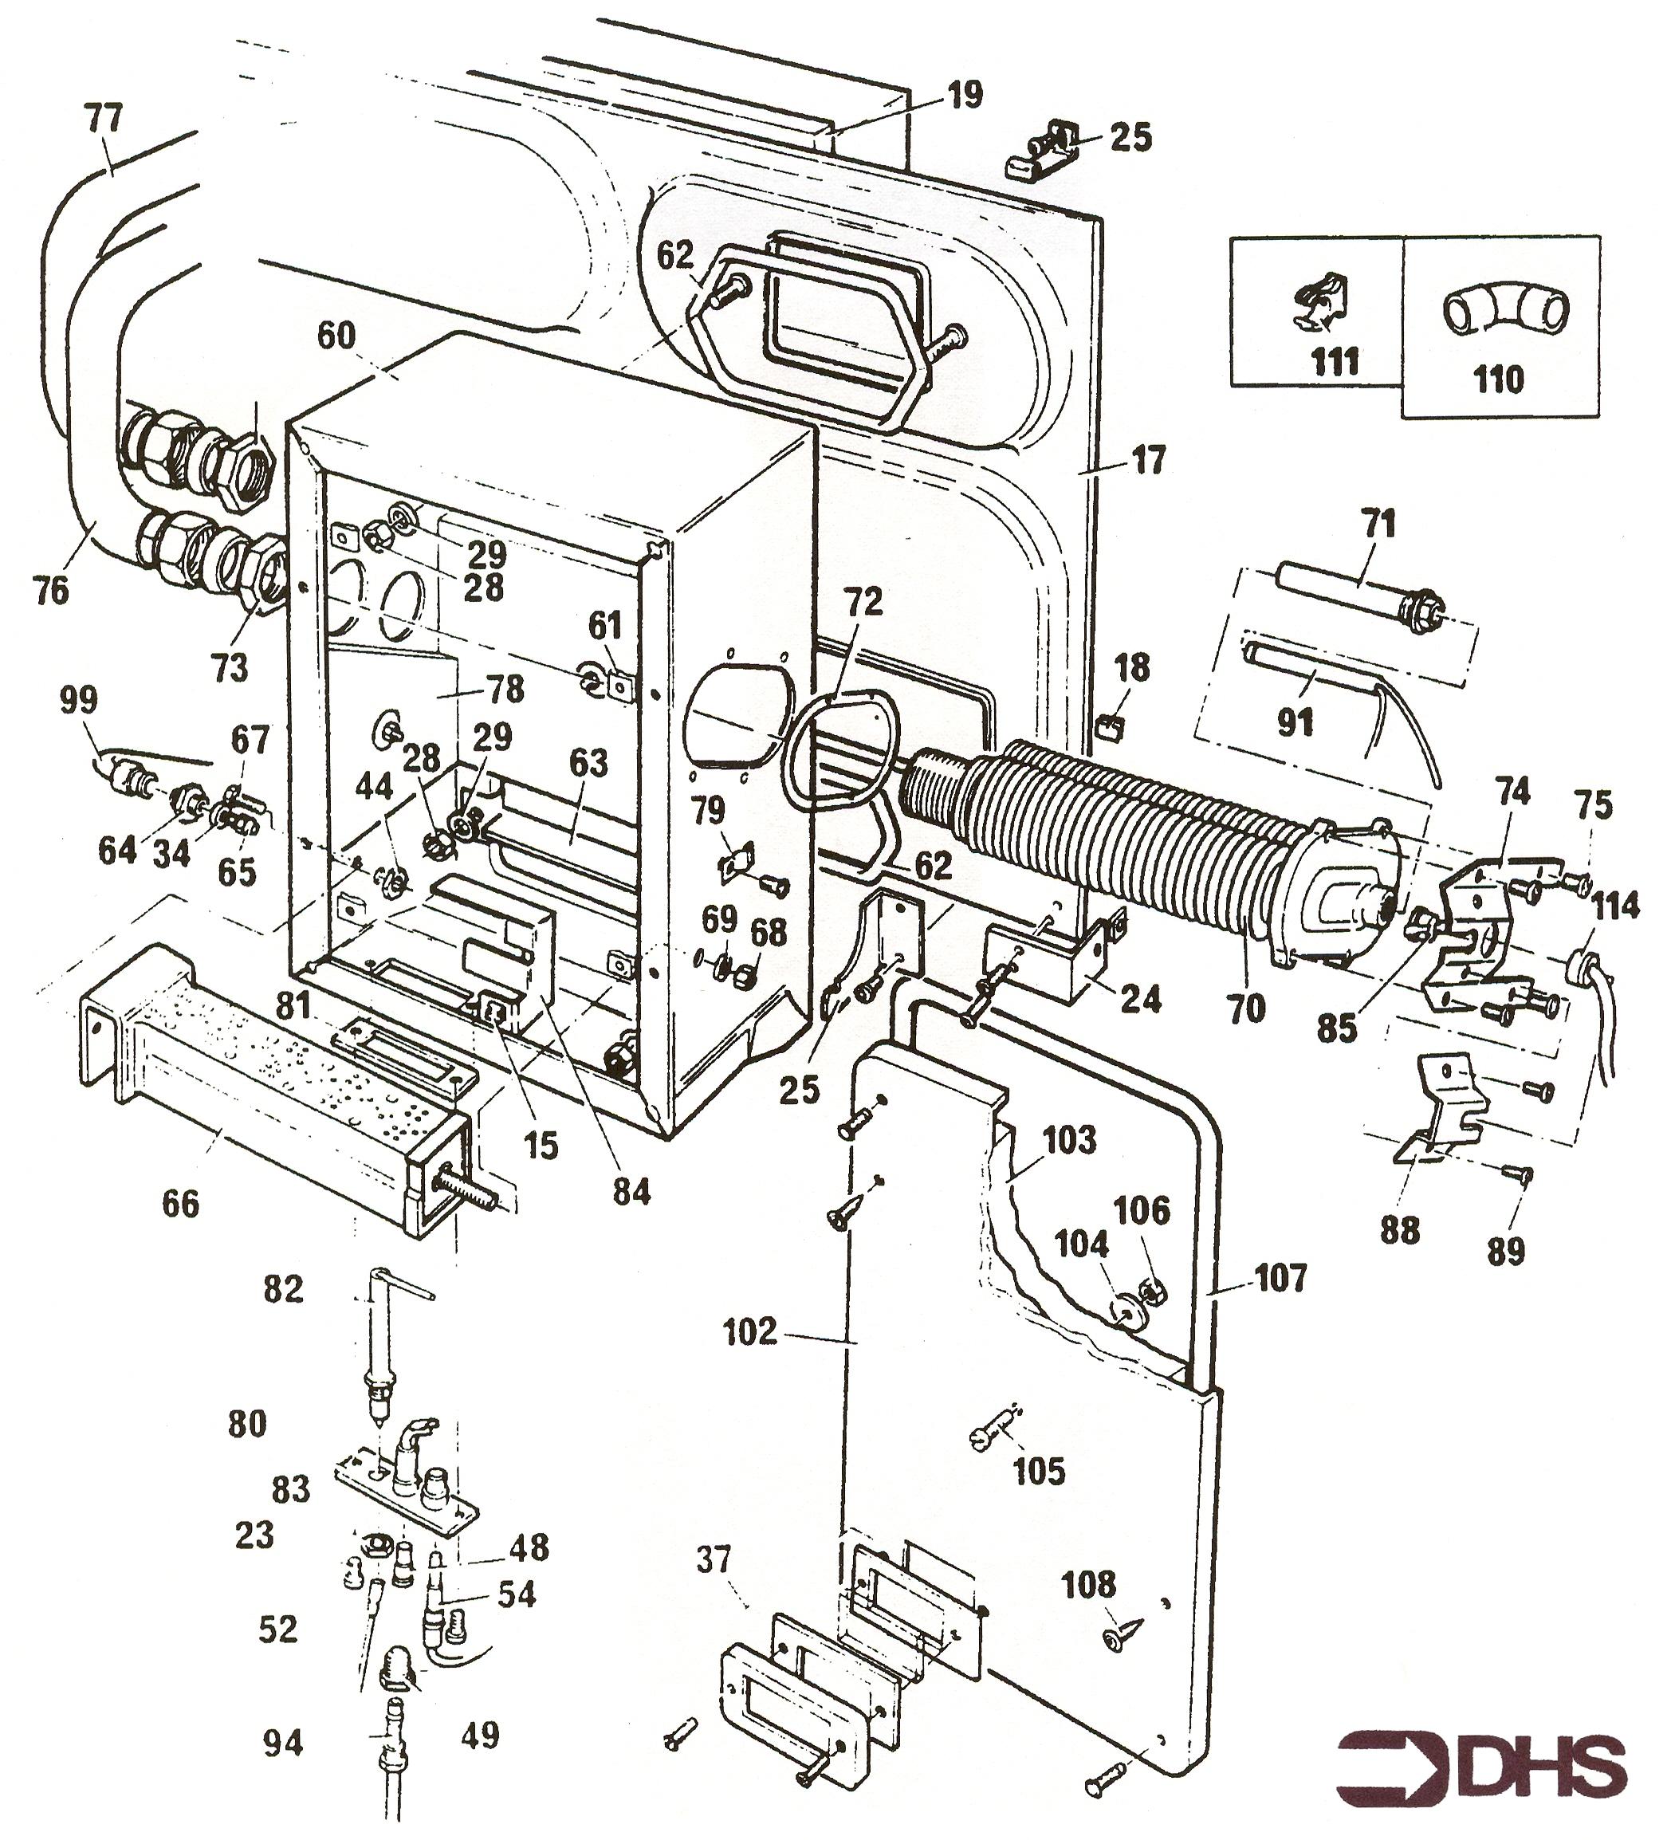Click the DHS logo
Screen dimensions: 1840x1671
(1480, 1763)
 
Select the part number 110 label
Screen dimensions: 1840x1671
(1498, 378)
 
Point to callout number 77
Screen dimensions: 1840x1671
(103, 119)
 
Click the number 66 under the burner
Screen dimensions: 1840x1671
(180, 1203)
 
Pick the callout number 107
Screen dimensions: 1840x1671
(1280, 1278)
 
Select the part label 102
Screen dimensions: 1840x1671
(749, 1331)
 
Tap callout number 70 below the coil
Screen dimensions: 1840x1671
(1247, 1008)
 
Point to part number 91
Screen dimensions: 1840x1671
(1294, 722)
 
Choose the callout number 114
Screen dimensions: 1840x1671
(1615, 906)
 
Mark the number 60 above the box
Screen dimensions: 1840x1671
(336, 335)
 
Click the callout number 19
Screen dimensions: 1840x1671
(965, 94)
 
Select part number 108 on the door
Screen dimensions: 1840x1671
(1089, 1586)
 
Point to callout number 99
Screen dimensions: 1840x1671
(77, 701)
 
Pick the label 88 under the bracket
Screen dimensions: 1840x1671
(1399, 1231)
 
